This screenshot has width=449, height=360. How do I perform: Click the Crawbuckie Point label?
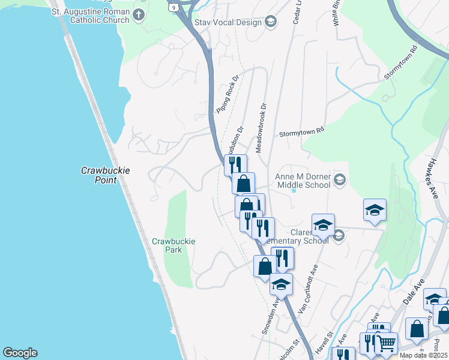[105, 175]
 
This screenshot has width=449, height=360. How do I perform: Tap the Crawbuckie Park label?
[173, 245]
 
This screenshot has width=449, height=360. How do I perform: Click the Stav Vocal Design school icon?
[271, 22]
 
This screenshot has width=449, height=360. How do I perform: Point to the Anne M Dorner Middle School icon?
[340, 180]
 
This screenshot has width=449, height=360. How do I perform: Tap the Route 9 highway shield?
[173, 6]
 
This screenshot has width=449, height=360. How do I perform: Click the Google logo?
[20, 353]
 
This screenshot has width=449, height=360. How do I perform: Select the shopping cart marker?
[386, 343]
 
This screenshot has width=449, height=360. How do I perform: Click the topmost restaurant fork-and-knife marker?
[235, 164]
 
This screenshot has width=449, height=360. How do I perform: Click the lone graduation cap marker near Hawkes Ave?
[375, 209]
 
